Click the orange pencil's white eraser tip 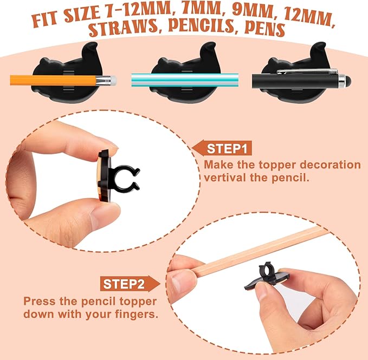tap(113, 80)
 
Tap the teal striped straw tap(185, 80)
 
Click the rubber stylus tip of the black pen tap(348, 80)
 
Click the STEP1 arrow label tap(222, 148)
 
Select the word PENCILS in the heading tap(201, 25)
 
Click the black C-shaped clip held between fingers tap(126, 178)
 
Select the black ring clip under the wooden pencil tap(264, 269)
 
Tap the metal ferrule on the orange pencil tap(103, 80)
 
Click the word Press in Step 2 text tap(39, 302)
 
